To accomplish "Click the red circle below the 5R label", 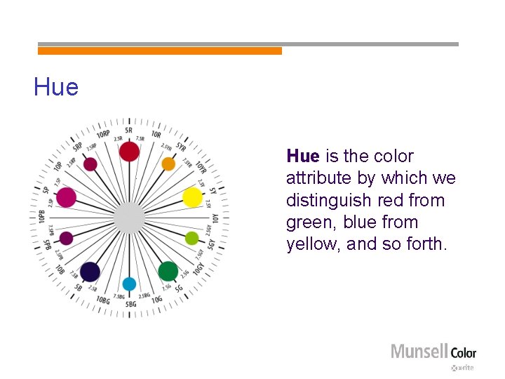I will [x=129, y=151].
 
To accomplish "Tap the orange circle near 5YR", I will [x=168, y=164].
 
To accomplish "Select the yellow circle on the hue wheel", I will [x=192, y=197].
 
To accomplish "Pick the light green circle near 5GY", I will [x=191, y=238].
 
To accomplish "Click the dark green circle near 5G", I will [x=168, y=270].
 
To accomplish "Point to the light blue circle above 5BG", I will [x=129, y=284].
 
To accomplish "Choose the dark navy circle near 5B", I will [x=90, y=272].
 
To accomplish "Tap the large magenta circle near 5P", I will [x=66, y=197].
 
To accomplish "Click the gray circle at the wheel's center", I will [x=129, y=218].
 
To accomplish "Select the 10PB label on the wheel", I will [x=42, y=218].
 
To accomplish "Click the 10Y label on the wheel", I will [x=216, y=218].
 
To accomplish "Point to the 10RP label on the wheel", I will [x=103, y=133].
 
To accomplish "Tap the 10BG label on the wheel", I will [x=103, y=300].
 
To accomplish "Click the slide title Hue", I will [x=56, y=88].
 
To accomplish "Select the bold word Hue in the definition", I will [x=302, y=157].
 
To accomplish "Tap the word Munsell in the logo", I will [x=419, y=352].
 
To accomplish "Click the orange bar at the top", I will [x=160, y=51].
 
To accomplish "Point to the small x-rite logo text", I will [x=464, y=368].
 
